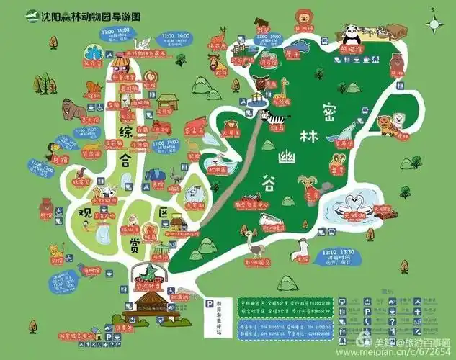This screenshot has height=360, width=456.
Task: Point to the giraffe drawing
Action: coord(283,89)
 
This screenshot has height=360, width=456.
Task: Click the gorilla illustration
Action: coord(70,108)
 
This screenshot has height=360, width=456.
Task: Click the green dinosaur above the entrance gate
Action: coord(149,274)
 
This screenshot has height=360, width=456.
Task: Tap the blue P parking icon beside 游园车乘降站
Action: coord(209,305)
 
